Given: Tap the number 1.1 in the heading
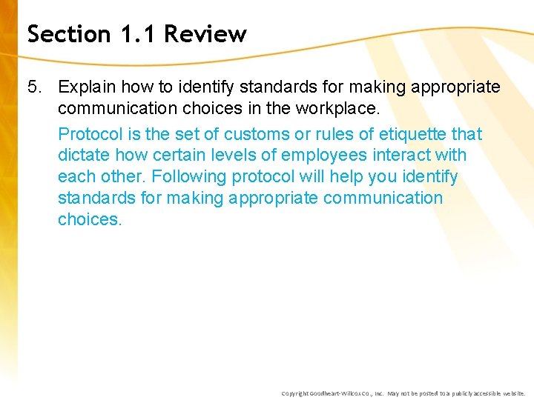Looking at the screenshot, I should pos(133,34).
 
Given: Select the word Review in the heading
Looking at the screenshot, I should pos(205,34).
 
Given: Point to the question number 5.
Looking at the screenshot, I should pos(34,87).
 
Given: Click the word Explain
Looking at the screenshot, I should pos(88,87).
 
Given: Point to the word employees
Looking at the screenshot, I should pos(324,156).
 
